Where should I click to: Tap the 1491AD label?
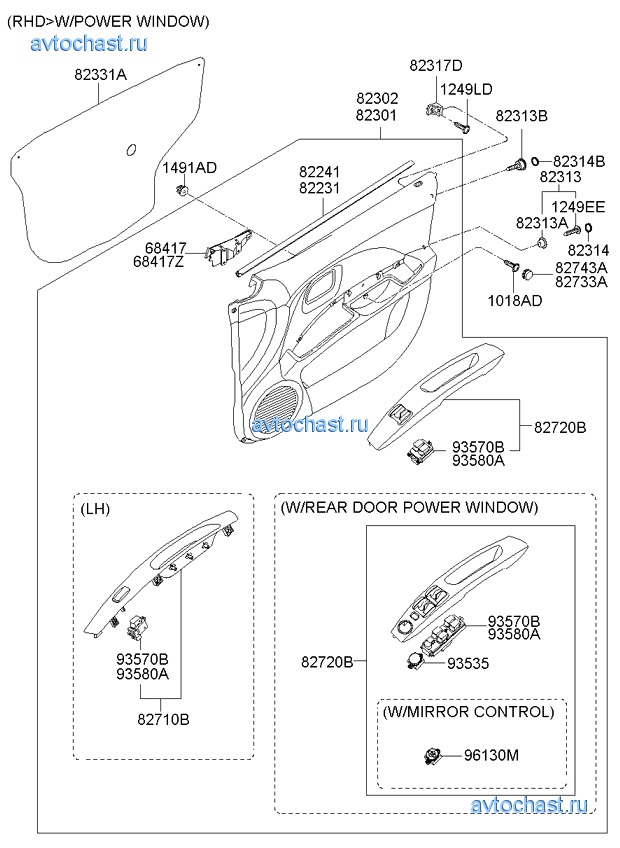point(190,168)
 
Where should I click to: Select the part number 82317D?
point(436,66)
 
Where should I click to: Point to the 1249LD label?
point(466,89)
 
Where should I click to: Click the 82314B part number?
point(579,160)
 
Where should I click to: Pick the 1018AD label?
point(515,300)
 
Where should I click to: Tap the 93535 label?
point(468,663)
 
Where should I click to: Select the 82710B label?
point(164,718)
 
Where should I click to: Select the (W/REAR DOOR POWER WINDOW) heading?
point(410,507)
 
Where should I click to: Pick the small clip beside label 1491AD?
point(181,190)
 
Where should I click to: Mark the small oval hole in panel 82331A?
point(131,151)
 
